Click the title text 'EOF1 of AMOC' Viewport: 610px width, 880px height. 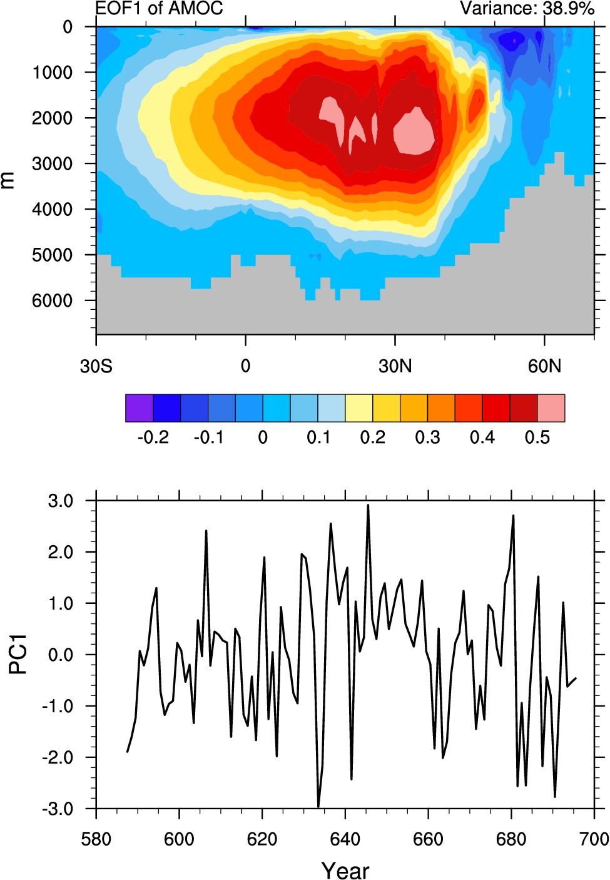coord(159,8)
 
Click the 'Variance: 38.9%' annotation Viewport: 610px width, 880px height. coord(527,8)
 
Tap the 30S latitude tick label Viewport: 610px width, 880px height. coord(96,366)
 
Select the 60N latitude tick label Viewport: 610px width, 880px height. coord(544,366)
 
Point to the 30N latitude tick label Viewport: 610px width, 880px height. coord(395,366)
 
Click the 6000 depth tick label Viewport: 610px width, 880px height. coord(52,300)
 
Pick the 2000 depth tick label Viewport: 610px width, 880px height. coord(52,118)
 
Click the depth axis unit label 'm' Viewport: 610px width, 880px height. coord(8,180)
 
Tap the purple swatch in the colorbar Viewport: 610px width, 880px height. coord(139,408)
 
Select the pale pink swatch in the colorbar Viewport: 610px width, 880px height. coord(551,408)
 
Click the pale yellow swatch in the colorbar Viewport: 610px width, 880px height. coord(359,408)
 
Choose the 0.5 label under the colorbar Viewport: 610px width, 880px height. coord(537,437)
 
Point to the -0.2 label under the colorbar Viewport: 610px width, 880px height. coord(153,437)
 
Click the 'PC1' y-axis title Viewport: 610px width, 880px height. coord(18,654)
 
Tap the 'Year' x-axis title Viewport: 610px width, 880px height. coord(345,870)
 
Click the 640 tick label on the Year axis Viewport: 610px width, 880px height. coord(345,839)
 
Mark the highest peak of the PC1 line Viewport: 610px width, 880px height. coord(368,505)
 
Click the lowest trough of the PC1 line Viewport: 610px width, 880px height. coord(318,807)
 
